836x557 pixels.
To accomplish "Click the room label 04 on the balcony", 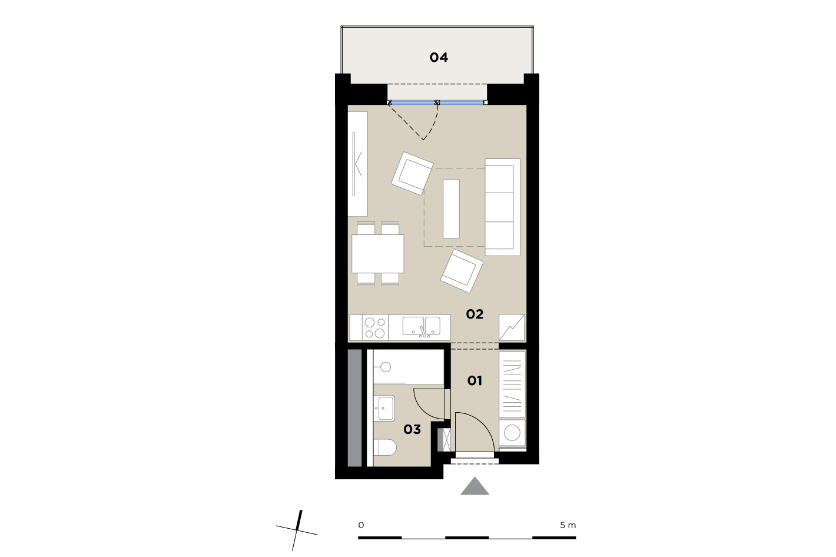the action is tap(439, 58).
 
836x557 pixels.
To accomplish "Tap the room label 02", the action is tap(475, 314).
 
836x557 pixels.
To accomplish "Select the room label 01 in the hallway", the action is tap(475, 381).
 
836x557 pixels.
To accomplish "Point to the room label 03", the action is tap(412, 430).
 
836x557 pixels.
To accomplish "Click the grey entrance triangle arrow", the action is tap(475, 486).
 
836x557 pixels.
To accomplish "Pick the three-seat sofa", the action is tap(502, 207).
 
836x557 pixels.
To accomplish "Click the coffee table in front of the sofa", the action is tap(451, 208).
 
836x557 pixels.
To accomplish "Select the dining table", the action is tap(378, 254).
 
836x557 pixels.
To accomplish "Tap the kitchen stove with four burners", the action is tap(375, 327).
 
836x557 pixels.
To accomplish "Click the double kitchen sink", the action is tap(422, 326).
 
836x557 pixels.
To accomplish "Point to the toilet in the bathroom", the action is tap(385, 447).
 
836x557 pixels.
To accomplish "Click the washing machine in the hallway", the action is tap(512, 433).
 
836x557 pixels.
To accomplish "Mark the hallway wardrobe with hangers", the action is tap(512, 385).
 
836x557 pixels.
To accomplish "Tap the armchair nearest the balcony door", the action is tap(412, 173).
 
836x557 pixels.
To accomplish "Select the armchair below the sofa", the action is tap(462, 271).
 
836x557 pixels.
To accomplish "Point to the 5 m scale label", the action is tap(568, 525).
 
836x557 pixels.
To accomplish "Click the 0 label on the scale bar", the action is tap(361, 525).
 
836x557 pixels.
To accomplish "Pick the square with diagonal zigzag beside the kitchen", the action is tap(512, 327).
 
